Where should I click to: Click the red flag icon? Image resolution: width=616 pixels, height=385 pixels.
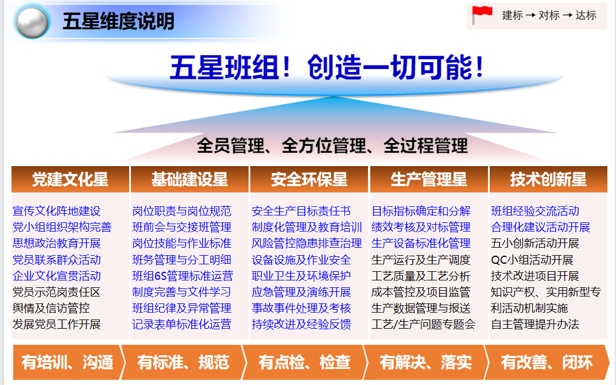[x=482, y=14]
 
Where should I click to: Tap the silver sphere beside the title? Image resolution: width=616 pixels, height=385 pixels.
[x=32, y=21]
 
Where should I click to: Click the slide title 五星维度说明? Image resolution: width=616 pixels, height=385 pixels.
[x=118, y=21]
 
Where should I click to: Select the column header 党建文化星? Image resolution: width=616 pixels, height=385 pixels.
[x=70, y=179]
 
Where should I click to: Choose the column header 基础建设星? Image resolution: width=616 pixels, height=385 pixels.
[x=190, y=179]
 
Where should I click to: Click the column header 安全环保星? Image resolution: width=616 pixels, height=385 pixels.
[x=309, y=179]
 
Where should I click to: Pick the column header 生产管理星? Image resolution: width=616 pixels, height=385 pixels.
[x=429, y=179]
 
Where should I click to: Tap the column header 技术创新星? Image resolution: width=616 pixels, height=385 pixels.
[x=548, y=179]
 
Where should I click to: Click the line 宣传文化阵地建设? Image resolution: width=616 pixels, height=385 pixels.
[x=57, y=211]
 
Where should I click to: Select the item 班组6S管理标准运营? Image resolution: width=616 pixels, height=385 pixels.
[x=183, y=276]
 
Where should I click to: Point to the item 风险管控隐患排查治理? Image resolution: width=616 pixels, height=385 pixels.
[x=307, y=244]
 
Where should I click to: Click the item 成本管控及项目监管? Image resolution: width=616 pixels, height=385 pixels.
[x=421, y=292]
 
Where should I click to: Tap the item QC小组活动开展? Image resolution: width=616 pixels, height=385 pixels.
[x=532, y=260]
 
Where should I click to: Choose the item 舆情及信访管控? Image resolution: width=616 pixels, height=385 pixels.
[x=51, y=308]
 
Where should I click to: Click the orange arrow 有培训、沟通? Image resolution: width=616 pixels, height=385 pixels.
[x=69, y=362]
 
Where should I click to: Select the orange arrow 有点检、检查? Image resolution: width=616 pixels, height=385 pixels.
[x=305, y=362]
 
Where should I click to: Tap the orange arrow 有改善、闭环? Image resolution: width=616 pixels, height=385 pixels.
[x=547, y=362]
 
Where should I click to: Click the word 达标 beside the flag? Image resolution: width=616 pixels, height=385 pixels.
[x=586, y=16]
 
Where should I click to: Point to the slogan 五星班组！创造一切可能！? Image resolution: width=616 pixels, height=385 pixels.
[x=327, y=67]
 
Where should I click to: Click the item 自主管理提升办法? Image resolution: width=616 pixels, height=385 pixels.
[x=535, y=324]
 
